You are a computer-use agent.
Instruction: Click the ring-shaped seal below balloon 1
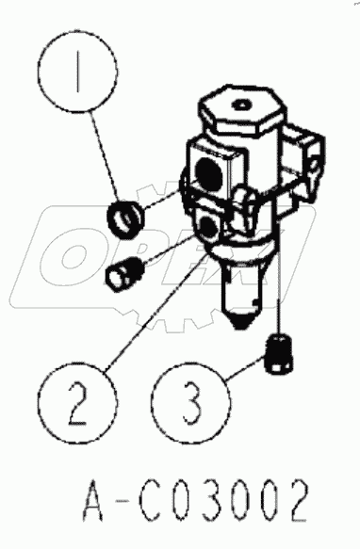[125, 219]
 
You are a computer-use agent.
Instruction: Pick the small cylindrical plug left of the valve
[124, 274]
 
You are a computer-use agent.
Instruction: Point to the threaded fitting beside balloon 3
[280, 353]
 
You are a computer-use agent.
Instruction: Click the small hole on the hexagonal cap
[241, 105]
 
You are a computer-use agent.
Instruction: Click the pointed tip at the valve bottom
[239, 327]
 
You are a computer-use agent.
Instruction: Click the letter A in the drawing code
[93, 501]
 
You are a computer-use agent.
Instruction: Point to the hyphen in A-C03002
[122, 503]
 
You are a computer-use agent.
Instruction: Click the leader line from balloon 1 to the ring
[105, 156]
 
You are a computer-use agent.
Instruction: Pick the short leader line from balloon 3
[245, 367]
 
